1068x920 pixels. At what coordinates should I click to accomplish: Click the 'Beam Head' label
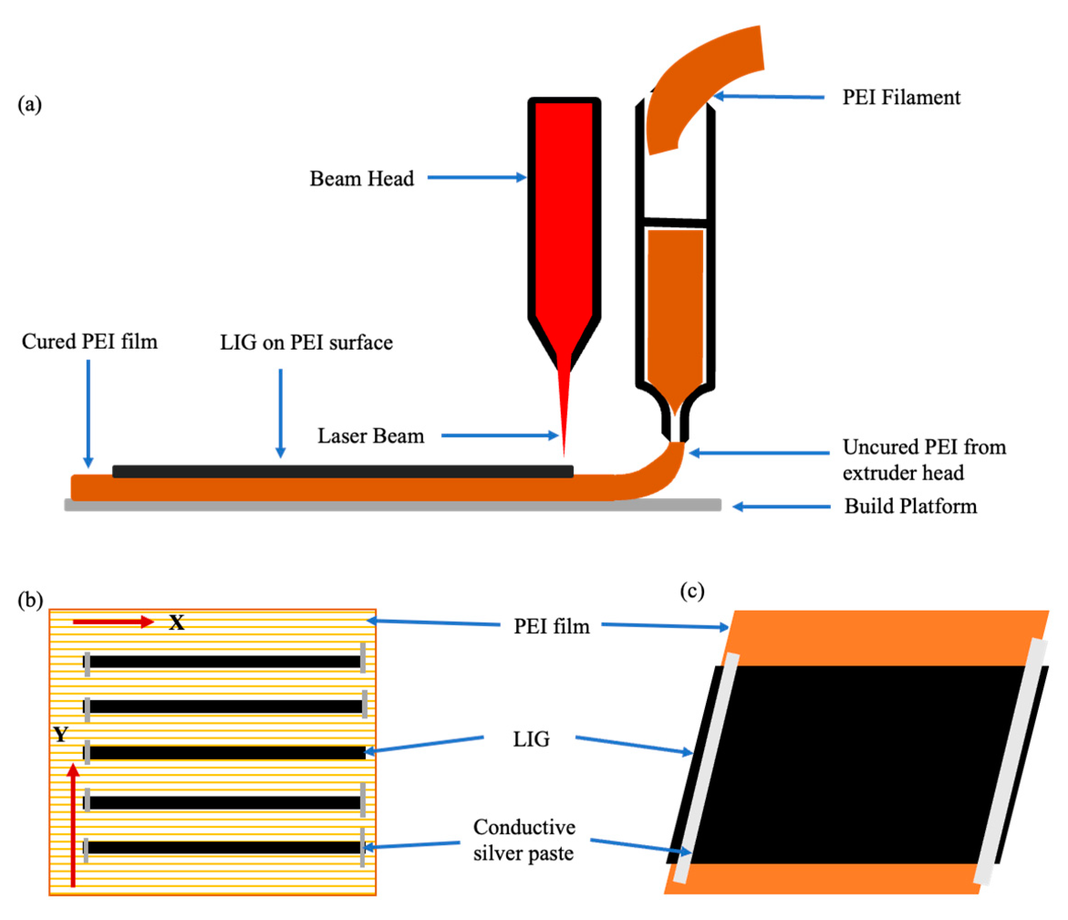(x=361, y=179)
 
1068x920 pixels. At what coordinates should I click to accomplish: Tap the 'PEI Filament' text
(x=901, y=98)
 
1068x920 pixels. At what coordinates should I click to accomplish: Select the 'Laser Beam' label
(x=371, y=436)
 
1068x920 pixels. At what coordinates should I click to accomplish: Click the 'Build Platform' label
(x=910, y=506)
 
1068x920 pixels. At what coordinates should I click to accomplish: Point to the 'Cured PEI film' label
(x=90, y=341)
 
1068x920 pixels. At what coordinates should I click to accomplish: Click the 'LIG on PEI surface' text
(x=306, y=343)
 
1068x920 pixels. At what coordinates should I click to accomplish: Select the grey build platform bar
(x=392, y=505)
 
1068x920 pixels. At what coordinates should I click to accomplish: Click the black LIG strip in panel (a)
(x=343, y=471)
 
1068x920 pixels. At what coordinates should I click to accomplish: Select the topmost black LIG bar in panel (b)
(x=224, y=662)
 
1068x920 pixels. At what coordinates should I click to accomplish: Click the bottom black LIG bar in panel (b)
(x=224, y=848)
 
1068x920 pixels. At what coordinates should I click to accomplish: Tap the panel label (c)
(x=692, y=591)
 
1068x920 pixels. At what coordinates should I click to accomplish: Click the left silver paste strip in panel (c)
(x=706, y=767)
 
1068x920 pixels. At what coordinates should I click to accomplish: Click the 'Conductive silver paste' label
(x=524, y=840)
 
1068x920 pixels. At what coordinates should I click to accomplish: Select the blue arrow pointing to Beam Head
(x=477, y=178)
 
